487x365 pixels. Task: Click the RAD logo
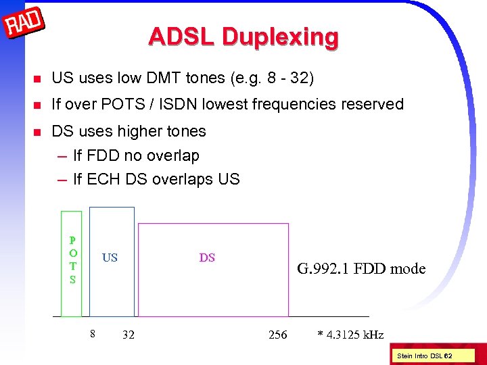point(24,26)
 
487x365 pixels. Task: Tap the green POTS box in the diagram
point(72,264)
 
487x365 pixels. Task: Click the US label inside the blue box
point(110,258)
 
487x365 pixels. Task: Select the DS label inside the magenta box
point(207,258)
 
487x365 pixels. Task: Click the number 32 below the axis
point(128,335)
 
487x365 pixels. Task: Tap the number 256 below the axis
point(277,335)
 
